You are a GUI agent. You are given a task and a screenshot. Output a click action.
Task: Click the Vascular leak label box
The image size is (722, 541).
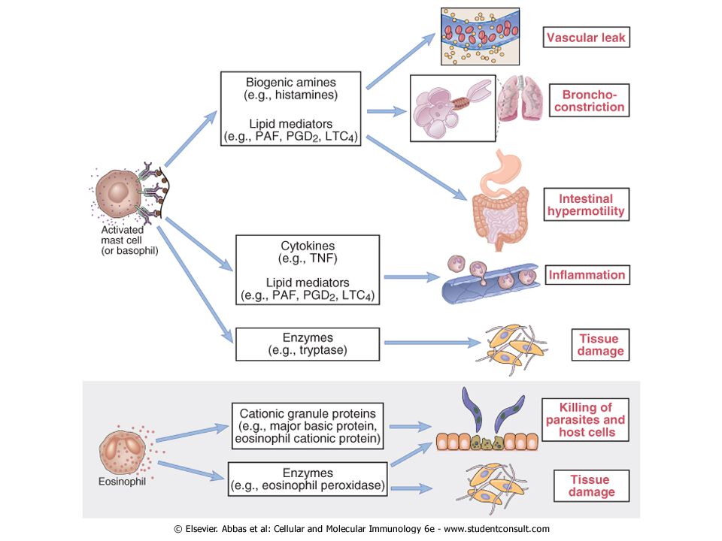586,38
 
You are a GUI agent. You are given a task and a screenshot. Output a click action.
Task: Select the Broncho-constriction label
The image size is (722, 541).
589,100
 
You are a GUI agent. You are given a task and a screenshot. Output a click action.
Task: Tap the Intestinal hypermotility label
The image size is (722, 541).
586,204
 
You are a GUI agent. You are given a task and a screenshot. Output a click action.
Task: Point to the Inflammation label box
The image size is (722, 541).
587,275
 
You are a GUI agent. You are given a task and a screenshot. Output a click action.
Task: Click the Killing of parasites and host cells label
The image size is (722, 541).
585,419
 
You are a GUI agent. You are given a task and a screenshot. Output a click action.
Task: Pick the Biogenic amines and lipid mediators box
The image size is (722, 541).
290,108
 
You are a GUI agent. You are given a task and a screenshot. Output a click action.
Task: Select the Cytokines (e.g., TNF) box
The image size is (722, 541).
308,270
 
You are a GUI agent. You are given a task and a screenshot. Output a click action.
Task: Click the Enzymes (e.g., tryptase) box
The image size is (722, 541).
308,344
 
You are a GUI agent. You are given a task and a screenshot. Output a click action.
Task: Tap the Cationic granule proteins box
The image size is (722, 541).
308,426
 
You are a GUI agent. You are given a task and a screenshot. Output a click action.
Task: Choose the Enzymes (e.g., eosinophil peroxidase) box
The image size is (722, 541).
308,479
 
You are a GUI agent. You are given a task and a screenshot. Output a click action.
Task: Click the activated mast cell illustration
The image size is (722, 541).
126,192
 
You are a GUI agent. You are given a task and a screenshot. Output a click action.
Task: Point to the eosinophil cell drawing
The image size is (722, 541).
124,452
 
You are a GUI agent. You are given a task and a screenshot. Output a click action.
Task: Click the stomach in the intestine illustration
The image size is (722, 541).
501,171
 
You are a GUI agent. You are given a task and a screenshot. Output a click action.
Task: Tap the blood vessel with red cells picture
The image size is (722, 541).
480,36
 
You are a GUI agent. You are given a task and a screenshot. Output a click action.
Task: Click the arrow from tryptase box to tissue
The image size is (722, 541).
432,343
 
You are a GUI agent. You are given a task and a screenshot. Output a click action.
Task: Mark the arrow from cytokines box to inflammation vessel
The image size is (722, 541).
412,277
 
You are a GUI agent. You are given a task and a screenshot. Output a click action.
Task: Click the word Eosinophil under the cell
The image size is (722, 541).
122,482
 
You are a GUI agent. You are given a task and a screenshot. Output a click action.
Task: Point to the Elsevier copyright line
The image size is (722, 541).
362,529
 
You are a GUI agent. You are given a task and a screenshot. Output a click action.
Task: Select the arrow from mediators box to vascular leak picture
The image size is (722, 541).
401,61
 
